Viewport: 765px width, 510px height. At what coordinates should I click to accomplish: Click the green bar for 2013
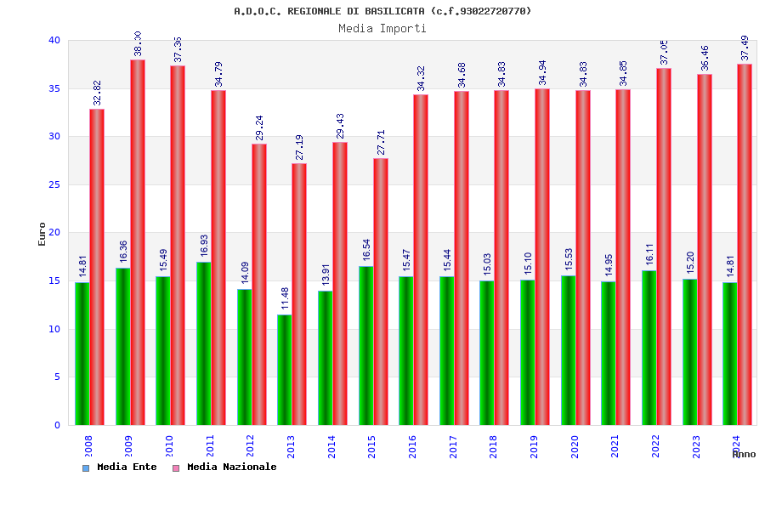click(285, 370)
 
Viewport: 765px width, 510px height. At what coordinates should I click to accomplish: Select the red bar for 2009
click(138, 242)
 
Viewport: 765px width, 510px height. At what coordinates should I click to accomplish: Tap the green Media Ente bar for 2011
click(203, 343)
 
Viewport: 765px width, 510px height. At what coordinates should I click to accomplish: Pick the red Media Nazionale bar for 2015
click(381, 292)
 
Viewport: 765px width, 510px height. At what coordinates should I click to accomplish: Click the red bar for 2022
click(664, 246)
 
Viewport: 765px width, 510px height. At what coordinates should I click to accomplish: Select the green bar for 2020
click(568, 350)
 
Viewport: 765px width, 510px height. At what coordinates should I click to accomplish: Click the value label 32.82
click(97, 93)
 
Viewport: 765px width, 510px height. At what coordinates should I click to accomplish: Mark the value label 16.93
click(204, 246)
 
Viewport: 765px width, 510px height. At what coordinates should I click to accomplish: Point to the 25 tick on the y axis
click(54, 184)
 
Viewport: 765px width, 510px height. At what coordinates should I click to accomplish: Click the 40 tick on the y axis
click(54, 40)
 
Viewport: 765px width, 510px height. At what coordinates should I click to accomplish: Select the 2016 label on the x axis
click(413, 446)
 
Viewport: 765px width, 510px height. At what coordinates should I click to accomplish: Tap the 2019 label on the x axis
click(535, 446)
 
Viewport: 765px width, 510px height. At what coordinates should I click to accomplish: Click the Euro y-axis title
click(42, 234)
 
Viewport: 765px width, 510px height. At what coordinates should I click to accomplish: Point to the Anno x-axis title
click(744, 455)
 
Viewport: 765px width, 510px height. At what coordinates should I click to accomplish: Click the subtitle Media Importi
click(382, 28)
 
